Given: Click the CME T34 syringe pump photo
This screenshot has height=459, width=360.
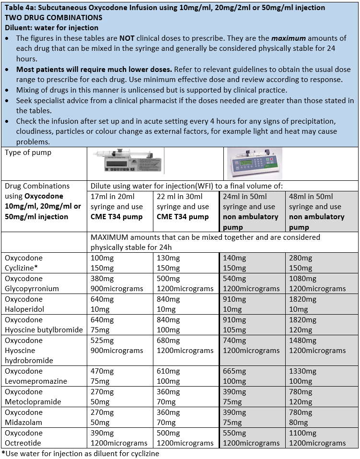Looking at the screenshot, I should pos(127,163).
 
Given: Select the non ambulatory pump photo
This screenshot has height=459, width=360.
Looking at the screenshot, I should pos(254,163).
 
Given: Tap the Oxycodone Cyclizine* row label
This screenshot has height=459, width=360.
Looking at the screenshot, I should pos(24,263).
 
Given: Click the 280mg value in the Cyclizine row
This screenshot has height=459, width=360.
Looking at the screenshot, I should pos(301,258).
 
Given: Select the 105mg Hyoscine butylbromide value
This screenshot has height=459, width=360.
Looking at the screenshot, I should pos(233,330).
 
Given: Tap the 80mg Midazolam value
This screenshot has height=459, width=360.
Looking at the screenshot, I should pos(299,423).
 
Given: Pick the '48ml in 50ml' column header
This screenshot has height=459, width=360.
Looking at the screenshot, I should pos(309,196).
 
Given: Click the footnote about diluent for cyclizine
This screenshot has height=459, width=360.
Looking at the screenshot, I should pos(80,453).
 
